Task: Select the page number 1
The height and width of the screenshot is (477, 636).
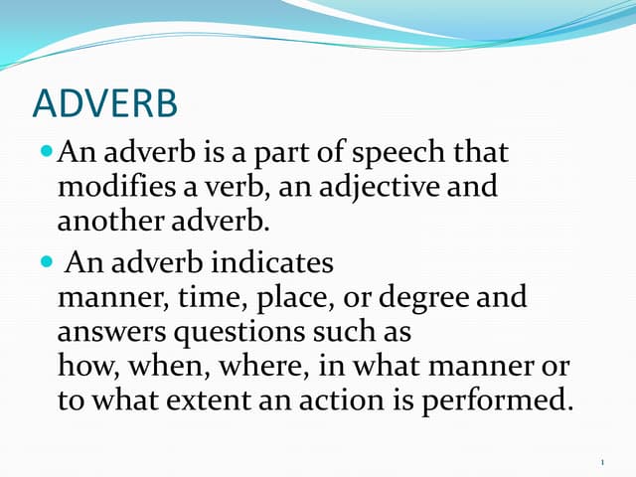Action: tap(603, 461)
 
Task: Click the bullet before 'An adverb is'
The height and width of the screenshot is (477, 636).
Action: tap(50, 153)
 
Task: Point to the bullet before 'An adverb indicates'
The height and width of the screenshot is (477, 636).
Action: tap(50, 263)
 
